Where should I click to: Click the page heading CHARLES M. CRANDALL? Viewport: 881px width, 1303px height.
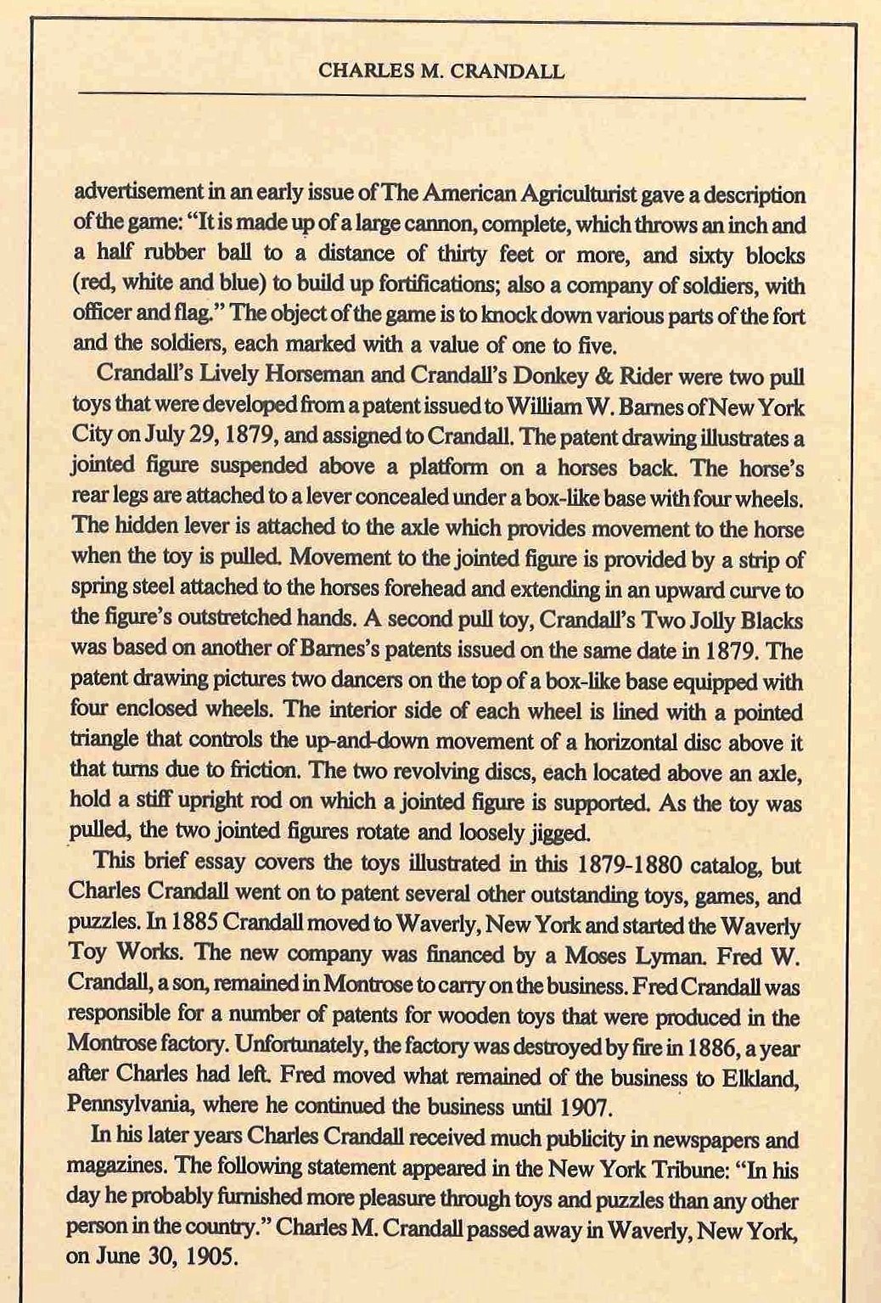click(x=440, y=71)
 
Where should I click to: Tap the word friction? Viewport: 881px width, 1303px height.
click(x=265, y=772)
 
